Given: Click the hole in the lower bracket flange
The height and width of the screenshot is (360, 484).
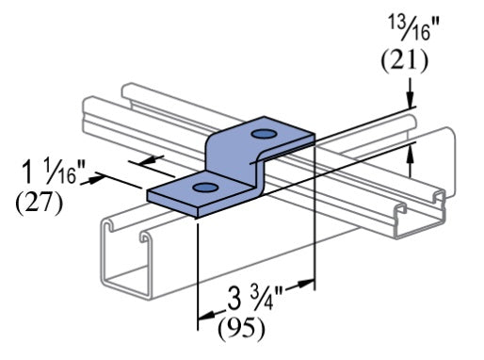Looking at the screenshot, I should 203,190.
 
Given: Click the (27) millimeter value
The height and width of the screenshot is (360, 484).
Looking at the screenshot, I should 40,202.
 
